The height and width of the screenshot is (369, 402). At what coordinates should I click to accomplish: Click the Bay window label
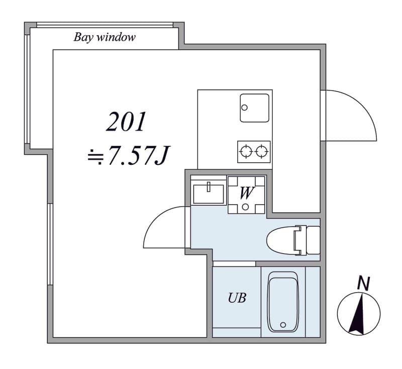105,37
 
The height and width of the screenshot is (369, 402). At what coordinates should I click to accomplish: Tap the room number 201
126,122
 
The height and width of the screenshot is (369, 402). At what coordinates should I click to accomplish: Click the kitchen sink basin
254,108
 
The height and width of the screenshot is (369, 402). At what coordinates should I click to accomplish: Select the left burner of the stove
246,151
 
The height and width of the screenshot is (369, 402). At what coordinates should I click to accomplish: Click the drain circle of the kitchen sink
245,108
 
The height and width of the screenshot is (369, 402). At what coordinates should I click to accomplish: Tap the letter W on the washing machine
247,193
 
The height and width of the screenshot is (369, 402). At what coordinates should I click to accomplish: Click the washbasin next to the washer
209,194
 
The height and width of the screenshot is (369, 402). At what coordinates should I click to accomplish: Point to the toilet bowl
281,240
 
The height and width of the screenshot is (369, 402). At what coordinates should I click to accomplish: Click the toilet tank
313,240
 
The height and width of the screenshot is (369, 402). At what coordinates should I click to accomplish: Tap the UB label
237,298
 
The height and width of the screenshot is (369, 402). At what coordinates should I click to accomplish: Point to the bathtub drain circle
283,325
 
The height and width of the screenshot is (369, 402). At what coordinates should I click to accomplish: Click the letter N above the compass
364,283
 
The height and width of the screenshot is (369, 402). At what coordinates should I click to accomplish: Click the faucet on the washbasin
209,187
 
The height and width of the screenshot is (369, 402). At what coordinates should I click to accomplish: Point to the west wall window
50,244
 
